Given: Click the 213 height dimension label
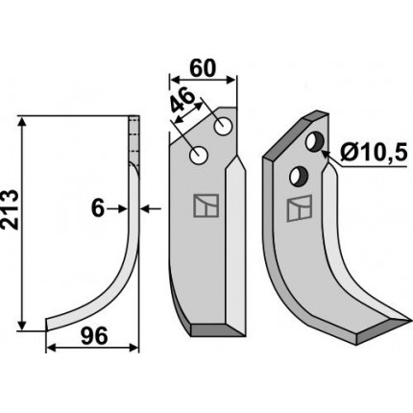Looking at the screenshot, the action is click(9, 209).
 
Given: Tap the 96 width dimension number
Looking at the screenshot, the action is click(93, 336).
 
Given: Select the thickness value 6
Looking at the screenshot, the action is click(98, 209).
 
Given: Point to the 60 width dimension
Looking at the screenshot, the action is click(203, 68).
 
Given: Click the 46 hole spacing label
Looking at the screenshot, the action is click(182, 101).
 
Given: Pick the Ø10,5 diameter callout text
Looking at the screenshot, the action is click(374, 153).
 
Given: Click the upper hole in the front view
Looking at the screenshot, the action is click(223, 127).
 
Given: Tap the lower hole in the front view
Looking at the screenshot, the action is click(199, 156).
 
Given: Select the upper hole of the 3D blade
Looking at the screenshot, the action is click(315, 141).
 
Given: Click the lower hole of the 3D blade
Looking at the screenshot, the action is click(299, 176).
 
